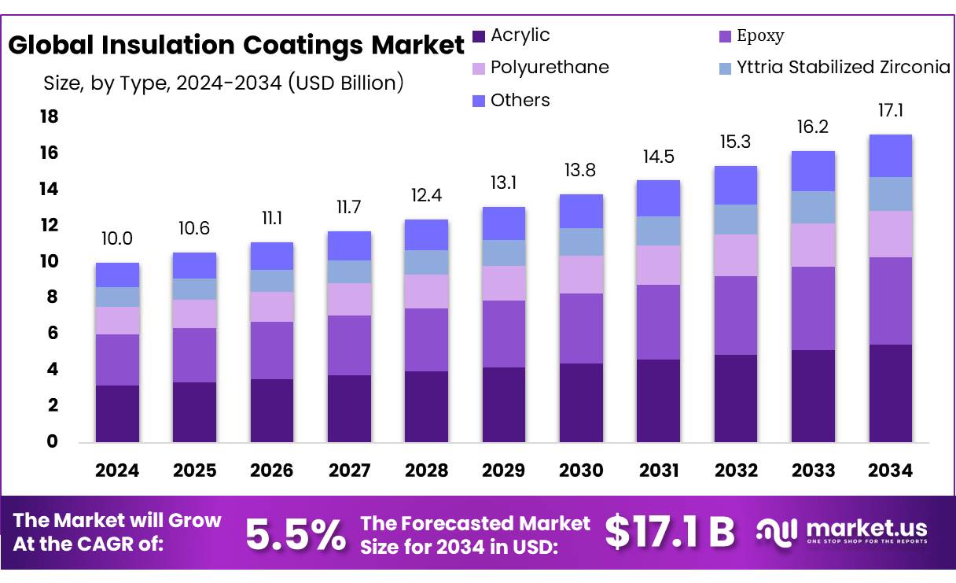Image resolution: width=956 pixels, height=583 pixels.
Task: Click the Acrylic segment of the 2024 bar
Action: (117, 413)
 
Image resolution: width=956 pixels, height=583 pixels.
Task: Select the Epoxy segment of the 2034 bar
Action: (890, 301)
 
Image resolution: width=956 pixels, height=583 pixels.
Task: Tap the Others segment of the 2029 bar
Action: (504, 223)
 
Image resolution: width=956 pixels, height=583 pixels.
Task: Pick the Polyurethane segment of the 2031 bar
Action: (659, 265)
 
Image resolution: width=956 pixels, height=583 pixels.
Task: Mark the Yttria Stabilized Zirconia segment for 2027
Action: (350, 271)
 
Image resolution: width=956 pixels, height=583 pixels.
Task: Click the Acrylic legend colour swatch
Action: (479, 36)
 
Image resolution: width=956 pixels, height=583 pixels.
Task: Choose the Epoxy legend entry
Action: (759, 36)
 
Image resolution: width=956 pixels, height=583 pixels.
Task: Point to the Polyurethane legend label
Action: (550, 68)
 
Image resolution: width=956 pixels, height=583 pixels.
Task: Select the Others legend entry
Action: (520, 101)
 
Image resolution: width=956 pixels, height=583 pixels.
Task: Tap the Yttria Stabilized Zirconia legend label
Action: (843, 68)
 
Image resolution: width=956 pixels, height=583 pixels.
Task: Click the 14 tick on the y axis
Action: (49, 189)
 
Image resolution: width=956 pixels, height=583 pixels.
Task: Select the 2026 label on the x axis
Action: (272, 470)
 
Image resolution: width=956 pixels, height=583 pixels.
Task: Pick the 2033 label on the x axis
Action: (813, 470)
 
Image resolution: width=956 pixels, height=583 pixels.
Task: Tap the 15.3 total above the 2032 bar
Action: (736, 142)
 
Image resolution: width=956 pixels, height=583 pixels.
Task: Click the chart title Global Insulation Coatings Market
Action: (236, 45)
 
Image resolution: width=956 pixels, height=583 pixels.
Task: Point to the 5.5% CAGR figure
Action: (295, 535)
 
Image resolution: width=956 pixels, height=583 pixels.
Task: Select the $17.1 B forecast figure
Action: (669, 533)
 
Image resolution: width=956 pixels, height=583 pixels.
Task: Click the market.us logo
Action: (841, 531)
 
